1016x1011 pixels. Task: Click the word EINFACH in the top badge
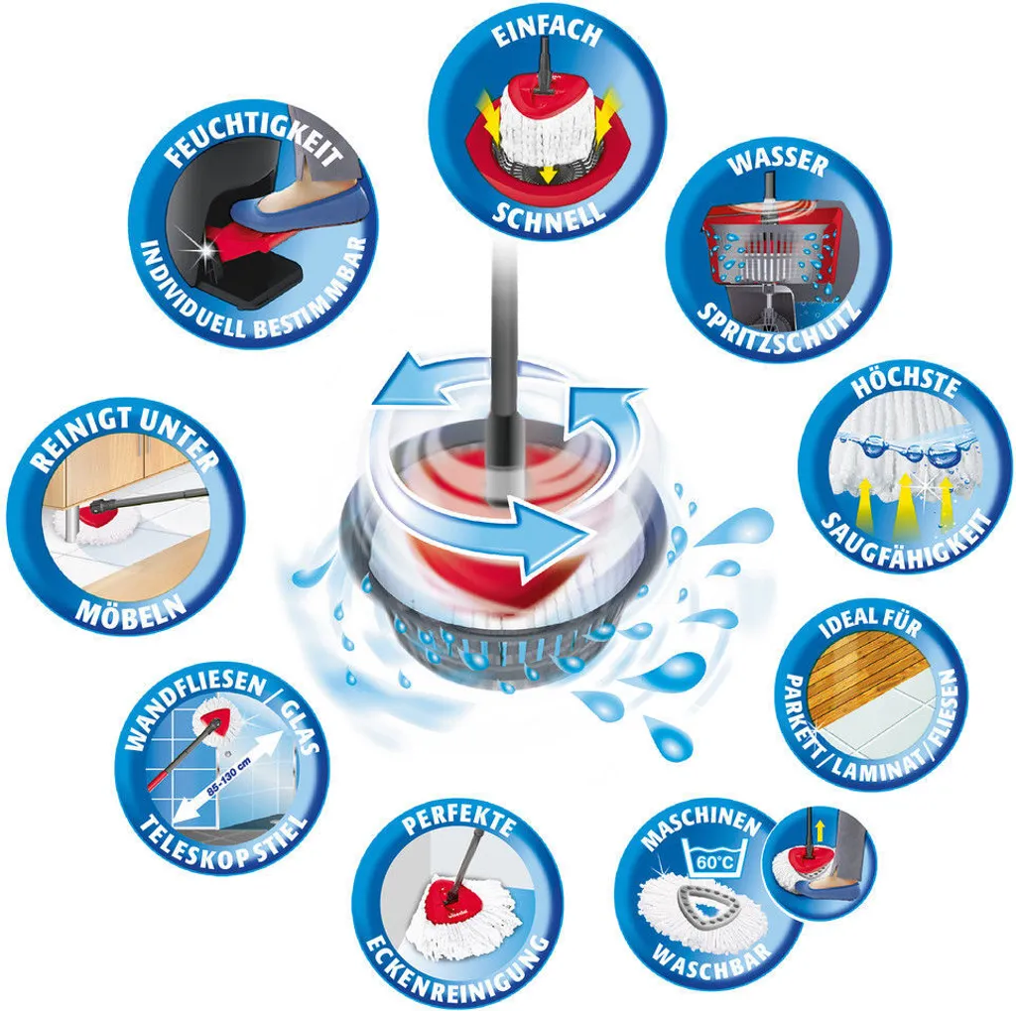coord(547,34)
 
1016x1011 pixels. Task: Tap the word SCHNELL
coord(548,212)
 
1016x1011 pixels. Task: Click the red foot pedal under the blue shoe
coord(244,234)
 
